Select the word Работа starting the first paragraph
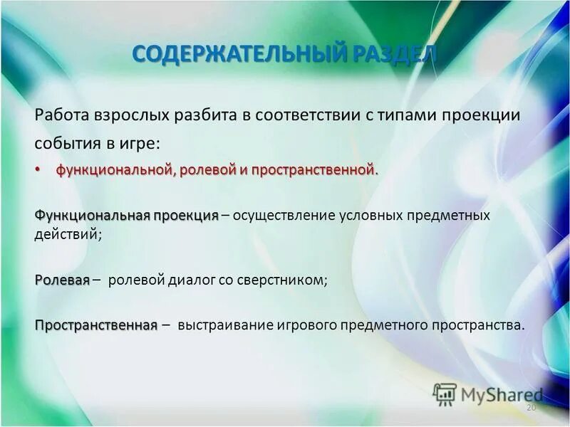tap(61, 115)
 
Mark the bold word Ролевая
tap(62, 280)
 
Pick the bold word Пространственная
tap(95, 325)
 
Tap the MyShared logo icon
tap(445, 394)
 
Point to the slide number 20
tap(530, 408)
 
